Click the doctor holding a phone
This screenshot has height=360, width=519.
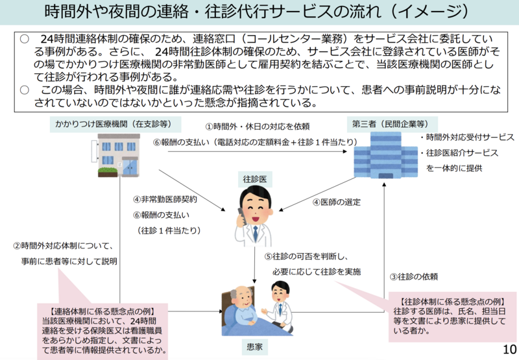pyautogui.click(x=254, y=213)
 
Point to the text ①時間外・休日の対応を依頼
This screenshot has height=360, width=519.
pyautogui.click(x=257, y=126)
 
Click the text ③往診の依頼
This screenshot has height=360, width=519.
pyautogui.click(x=413, y=276)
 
